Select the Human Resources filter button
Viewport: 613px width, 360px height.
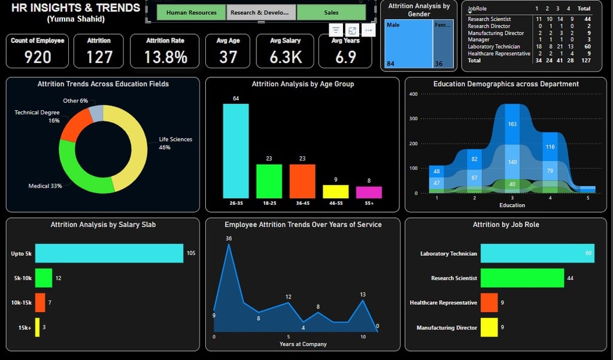point(191,13)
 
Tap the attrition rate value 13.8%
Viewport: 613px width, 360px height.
point(166,57)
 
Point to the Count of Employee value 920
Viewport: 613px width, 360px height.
point(38,57)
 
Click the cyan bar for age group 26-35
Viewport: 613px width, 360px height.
point(236,151)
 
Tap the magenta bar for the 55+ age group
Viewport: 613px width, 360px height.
point(369,192)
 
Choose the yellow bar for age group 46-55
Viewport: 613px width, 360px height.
point(335,192)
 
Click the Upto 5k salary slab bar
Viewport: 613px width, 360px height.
point(109,253)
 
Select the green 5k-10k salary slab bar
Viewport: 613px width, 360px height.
point(44,278)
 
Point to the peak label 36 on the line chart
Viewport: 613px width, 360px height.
point(229,238)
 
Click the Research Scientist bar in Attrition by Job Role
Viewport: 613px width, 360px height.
point(522,278)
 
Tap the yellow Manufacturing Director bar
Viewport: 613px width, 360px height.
point(489,327)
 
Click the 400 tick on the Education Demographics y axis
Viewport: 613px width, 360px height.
point(413,94)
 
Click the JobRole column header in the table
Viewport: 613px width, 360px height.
point(478,9)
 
